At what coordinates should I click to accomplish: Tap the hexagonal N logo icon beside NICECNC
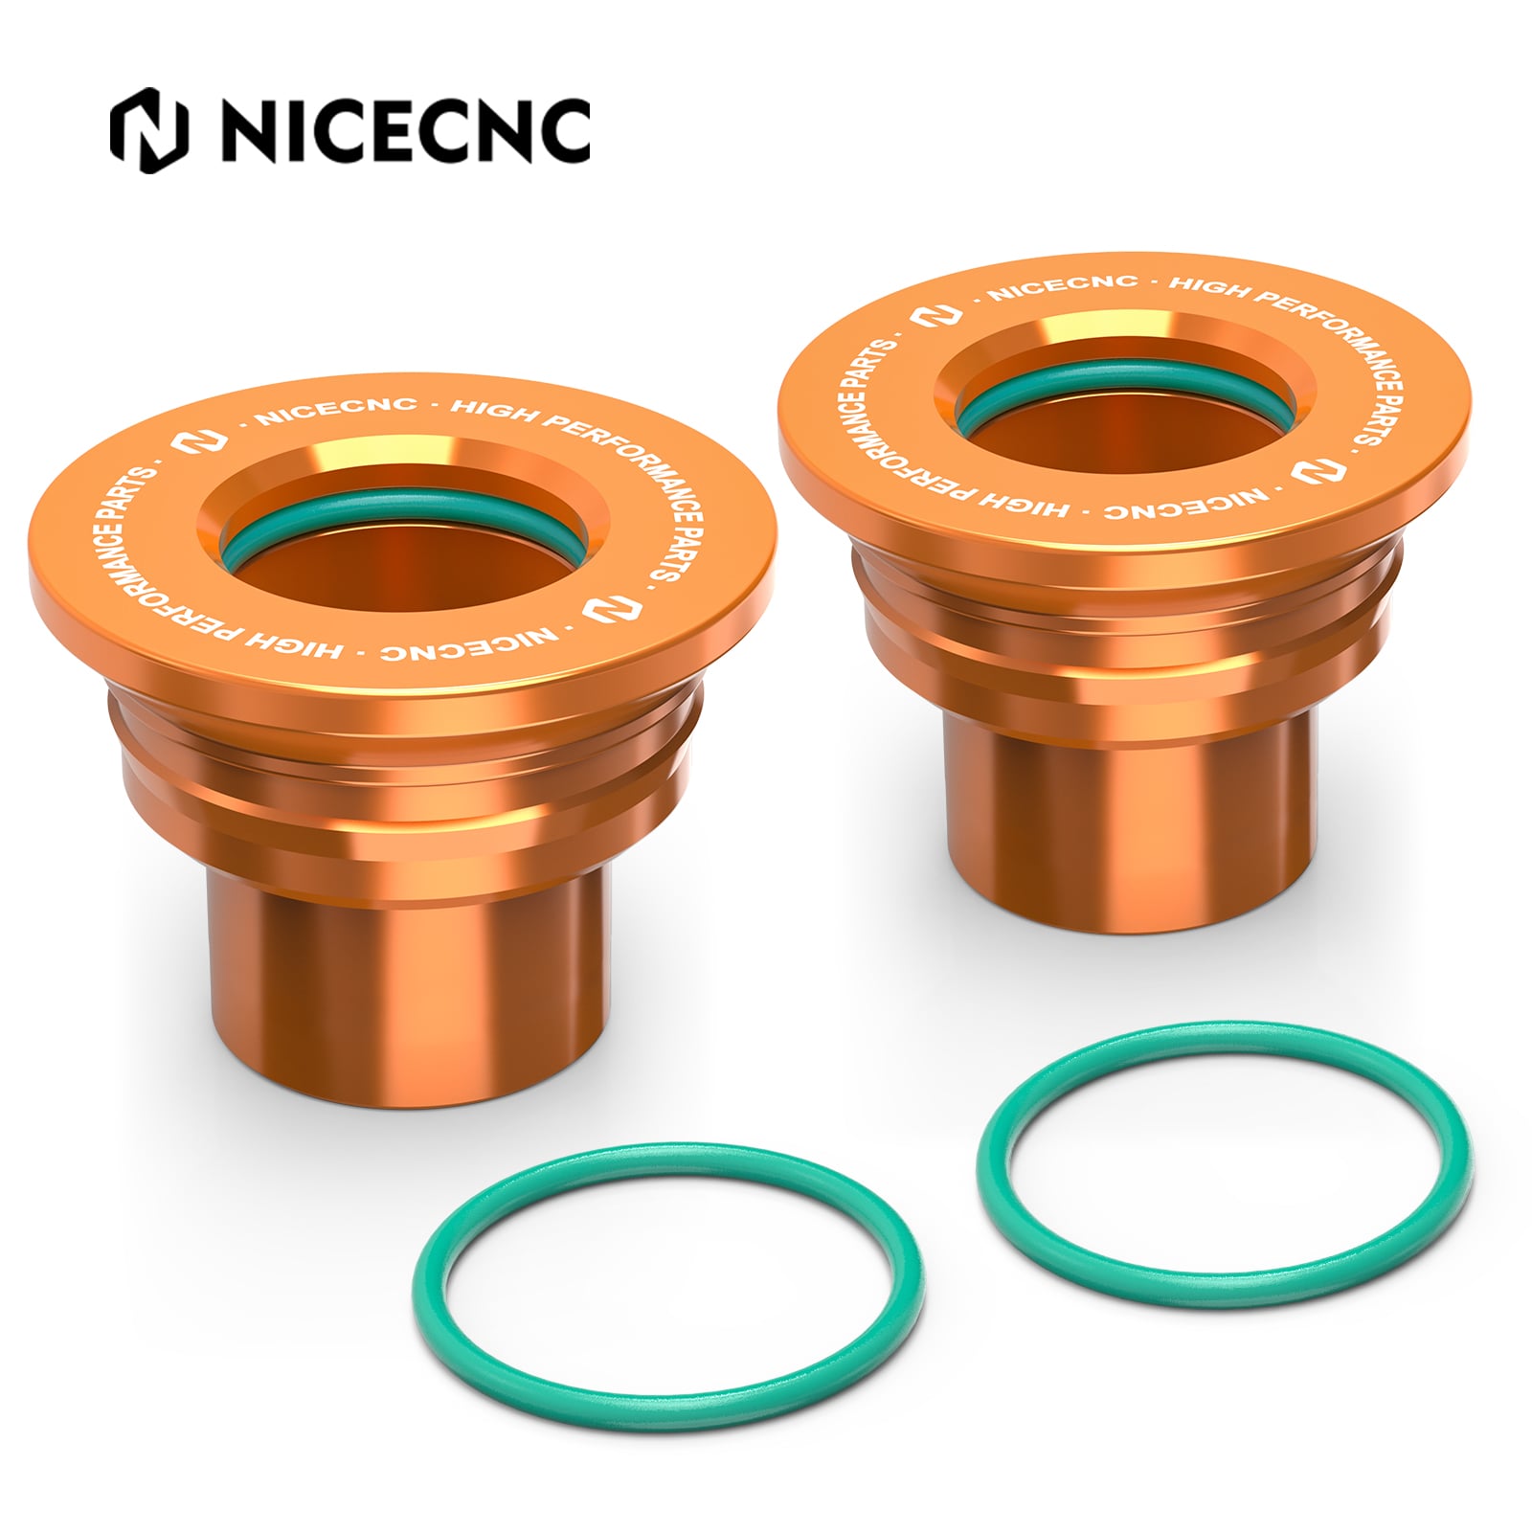149,131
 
